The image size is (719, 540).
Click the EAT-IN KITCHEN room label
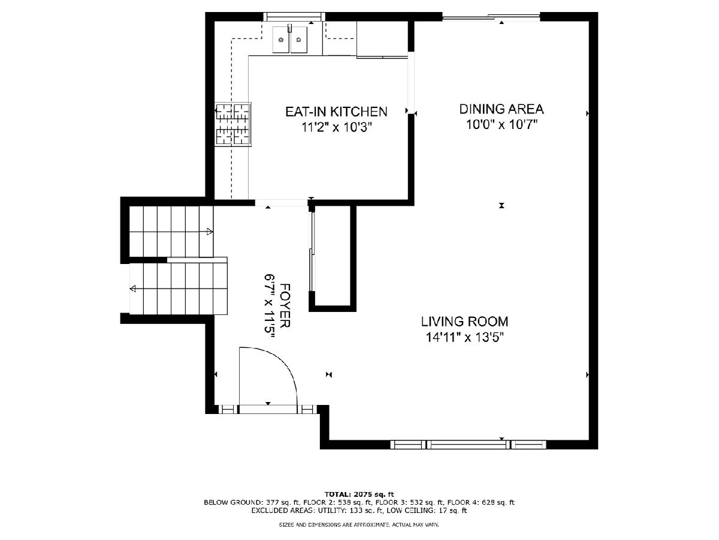[336, 112]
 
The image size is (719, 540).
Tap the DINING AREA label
[502, 109]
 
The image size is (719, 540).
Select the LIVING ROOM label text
[464, 322]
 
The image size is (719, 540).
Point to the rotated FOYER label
[285, 305]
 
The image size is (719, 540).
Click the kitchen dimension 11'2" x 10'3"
[337, 127]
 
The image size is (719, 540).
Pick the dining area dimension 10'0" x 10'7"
[502, 125]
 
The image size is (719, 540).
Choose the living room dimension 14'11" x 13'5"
[464, 337]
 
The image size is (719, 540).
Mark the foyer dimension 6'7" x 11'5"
[270, 306]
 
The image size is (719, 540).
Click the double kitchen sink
[290, 40]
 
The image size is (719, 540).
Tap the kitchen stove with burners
[233, 124]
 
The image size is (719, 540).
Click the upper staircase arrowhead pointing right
[210, 232]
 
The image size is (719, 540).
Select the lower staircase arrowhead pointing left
[133, 289]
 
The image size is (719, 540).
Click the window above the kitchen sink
[294, 17]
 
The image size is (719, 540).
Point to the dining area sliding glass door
[491, 17]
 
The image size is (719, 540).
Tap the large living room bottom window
[469, 445]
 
